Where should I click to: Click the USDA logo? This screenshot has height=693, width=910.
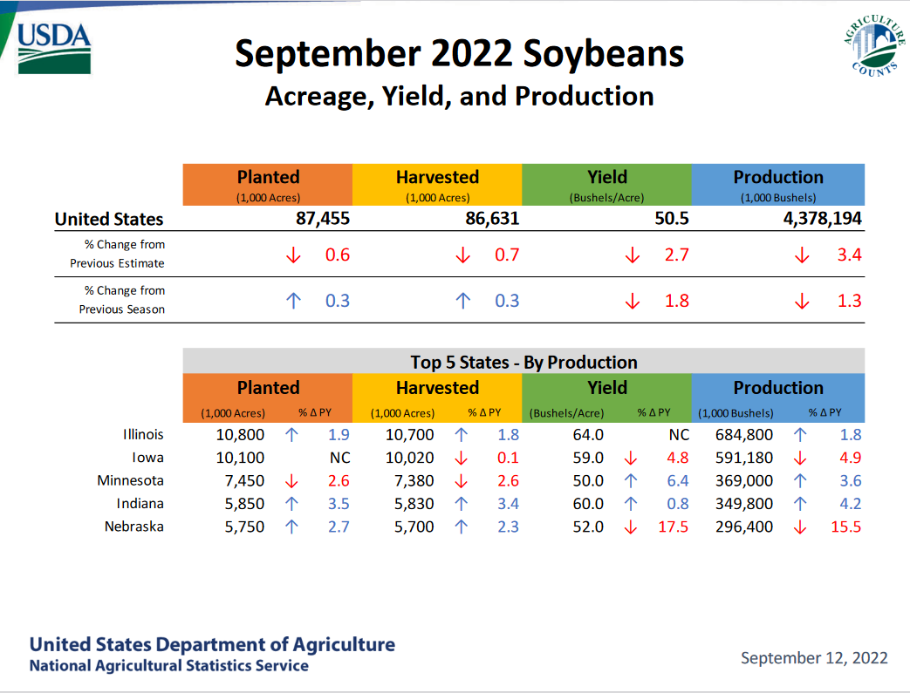[54, 49]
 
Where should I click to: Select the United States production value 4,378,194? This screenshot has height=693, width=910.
[822, 219]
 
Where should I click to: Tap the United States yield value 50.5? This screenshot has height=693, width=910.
[672, 219]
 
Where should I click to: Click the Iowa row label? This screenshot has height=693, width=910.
[147, 458]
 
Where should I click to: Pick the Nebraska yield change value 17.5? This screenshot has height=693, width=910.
[673, 527]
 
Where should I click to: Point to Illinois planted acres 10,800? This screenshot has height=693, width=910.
[240, 435]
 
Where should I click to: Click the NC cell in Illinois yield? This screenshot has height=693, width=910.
[679, 435]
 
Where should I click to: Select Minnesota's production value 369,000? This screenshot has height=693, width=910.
[744, 481]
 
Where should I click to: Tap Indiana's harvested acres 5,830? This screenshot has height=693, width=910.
[414, 504]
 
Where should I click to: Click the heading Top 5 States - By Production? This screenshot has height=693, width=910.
[523, 363]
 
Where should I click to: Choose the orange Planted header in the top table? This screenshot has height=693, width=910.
[268, 185]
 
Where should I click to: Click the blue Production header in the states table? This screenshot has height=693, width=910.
[777, 397]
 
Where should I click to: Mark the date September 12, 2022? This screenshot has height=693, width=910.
[814, 657]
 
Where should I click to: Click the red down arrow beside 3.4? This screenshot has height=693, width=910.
[802, 255]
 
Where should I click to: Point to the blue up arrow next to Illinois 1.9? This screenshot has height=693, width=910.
[291, 435]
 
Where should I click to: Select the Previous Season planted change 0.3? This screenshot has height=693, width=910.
[337, 301]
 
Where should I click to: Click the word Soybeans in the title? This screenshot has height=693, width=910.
[603, 54]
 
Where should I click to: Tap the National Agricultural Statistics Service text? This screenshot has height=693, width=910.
[169, 666]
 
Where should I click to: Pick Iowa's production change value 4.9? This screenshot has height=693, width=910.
[850, 458]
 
